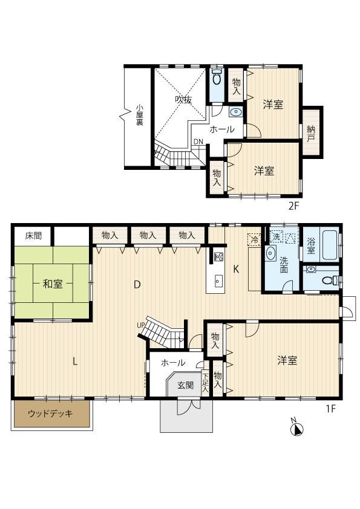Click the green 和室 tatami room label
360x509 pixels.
53,284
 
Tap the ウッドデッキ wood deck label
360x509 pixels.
50,413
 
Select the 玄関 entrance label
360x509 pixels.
186,385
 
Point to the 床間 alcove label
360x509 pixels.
33,235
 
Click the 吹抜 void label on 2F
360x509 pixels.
183,99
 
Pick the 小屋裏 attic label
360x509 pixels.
140,115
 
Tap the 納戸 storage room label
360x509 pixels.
311,134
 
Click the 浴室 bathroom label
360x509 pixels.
311,246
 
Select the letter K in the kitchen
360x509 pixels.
237,269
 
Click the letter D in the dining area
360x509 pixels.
137,285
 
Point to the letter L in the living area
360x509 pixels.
75,361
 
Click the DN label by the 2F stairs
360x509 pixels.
198,141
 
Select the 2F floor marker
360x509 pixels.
293,206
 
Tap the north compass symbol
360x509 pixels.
296,429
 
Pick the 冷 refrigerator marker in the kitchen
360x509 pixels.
254,240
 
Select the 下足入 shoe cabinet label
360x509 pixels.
205,382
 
